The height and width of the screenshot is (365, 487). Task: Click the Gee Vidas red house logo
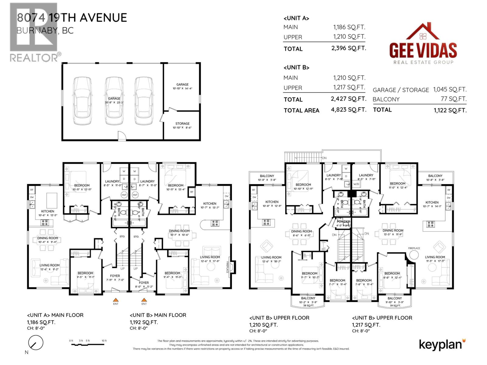pyautogui.click(x=422, y=32)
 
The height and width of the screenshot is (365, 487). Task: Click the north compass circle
pyautogui.click(x=36, y=343)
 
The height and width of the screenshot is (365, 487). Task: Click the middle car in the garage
pyautogui.click(x=114, y=100)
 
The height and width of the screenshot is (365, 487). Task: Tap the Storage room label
pyautogui.click(x=182, y=124)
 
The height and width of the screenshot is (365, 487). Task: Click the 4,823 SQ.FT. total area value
pyautogui.click(x=349, y=110)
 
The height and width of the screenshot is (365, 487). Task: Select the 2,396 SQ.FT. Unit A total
pyautogui.click(x=349, y=48)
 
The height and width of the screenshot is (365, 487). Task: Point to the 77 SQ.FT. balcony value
pyautogui.click(x=454, y=99)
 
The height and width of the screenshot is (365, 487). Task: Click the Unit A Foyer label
pyautogui.click(x=115, y=276)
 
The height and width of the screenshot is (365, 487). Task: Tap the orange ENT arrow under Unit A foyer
pyautogui.click(x=116, y=300)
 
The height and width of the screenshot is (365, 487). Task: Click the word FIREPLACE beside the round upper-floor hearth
pyautogui.click(x=414, y=248)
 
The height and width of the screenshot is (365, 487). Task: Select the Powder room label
pyautogui.click(x=343, y=222)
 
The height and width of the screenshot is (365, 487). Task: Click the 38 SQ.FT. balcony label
pyautogui.click(x=308, y=305)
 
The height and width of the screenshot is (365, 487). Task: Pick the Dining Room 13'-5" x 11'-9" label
pyautogui.click(x=393, y=232)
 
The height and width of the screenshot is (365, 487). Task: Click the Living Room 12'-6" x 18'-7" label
pyautogui.click(x=271, y=259)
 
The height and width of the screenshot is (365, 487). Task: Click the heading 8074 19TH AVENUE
pyautogui.click(x=72, y=18)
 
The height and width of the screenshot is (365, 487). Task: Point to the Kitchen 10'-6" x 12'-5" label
pyautogui.click(x=48, y=213)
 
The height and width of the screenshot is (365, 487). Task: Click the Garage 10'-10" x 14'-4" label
pyautogui.click(x=182, y=86)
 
